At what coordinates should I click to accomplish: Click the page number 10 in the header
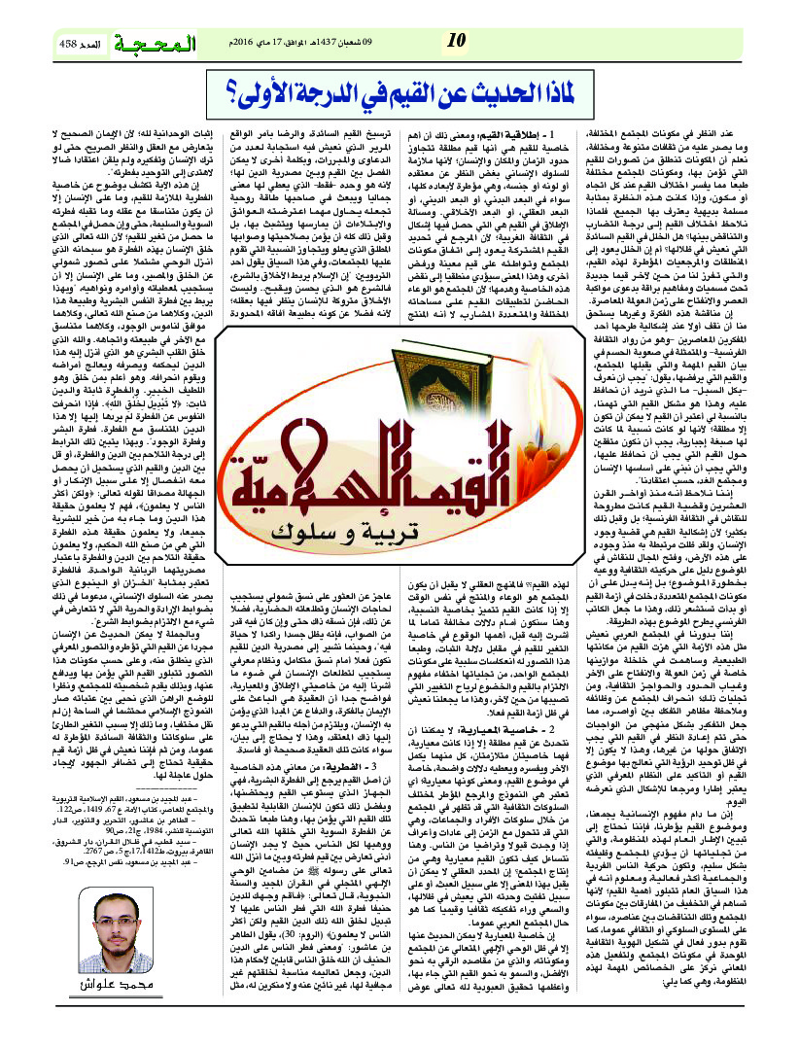pyautogui.click(x=456, y=41)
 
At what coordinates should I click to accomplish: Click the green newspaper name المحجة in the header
pyautogui.click(x=160, y=44)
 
